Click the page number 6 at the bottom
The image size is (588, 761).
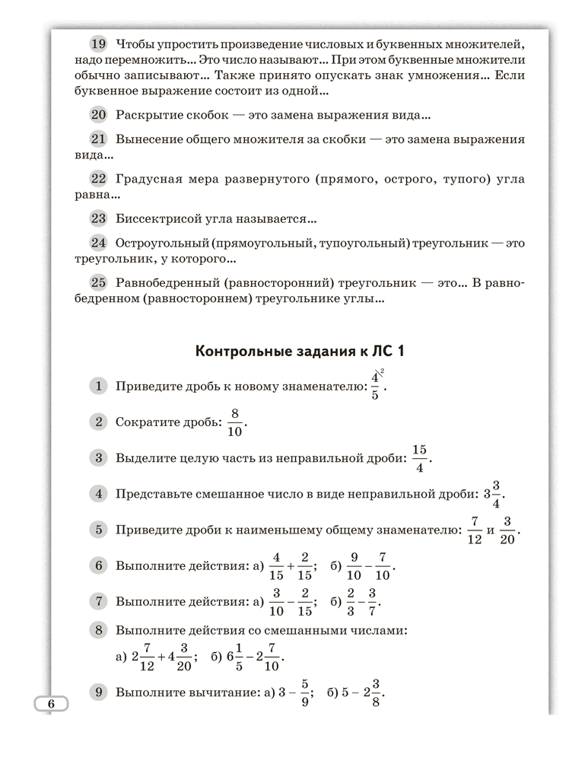[51, 704]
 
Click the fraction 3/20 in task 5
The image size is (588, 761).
[509, 530]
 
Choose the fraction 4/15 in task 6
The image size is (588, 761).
[277, 567]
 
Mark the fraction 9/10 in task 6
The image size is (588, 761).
[354, 567]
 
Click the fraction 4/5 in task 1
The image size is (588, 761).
[375, 386]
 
